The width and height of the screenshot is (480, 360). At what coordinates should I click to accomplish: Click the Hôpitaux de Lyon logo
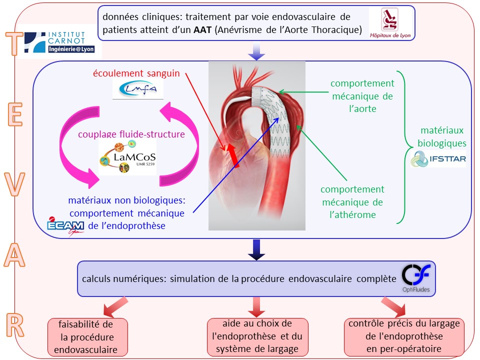390,23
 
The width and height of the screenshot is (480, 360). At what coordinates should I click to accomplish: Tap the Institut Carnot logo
59,42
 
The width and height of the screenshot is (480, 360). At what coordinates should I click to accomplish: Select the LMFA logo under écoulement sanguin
138,89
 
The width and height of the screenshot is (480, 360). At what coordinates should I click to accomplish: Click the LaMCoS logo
127,156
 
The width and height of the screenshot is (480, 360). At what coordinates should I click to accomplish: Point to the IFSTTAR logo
438,158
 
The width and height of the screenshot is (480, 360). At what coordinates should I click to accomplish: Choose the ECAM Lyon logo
65,226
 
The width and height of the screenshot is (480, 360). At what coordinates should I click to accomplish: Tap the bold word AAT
202,29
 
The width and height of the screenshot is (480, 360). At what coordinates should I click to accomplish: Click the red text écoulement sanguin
136,73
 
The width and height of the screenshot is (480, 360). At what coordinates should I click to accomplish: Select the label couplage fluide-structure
131,134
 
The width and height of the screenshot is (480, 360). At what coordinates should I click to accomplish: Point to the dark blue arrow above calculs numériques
256,250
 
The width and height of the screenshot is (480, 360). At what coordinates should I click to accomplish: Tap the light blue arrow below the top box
256,51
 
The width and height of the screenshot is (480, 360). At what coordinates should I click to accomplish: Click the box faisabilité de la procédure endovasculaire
87,337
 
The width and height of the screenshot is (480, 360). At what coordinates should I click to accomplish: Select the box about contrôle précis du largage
404,336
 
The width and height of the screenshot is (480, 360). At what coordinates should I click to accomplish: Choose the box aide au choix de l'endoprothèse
257,336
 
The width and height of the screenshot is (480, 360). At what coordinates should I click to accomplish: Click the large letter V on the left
14,184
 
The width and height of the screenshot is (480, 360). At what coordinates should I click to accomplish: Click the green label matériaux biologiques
441,137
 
